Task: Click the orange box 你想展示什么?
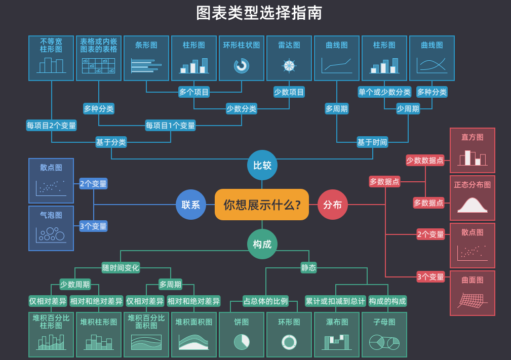pyautogui.click(x=262, y=205)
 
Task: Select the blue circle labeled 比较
pyautogui.click(x=262, y=165)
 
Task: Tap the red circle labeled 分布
pyautogui.click(x=332, y=205)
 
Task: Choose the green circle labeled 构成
pyautogui.click(x=262, y=244)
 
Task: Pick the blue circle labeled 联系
pyautogui.click(x=191, y=205)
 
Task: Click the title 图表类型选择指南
pyautogui.click(x=259, y=13)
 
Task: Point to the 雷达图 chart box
pyautogui.click(x=289, y=58)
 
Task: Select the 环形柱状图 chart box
pyautogui.click(x=242, y=58)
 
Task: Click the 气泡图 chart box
pyautogui.click(x=51, y=228)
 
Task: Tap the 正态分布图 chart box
pyautogui.click(x=473, y=198)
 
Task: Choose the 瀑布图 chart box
pyautogui.click(x=337, y=335)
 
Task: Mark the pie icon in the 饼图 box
pyautogui.click(x=242, y=342)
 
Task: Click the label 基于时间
pyautogui.click(x=372, y=142)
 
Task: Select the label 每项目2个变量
pyautogui.click(x=52, y=125)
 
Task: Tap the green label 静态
pyautogui.click(x=308, y=267)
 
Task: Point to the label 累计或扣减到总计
pyautogui.click(x=335, y=301)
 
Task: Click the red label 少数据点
pyautogui.click(x=425, y=161)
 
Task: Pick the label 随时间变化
pyautogui.click(x=121, y=267)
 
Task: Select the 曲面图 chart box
pyautogui.click(x=473, y=293)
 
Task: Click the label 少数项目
pyautogui.click(x=289, y=92)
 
